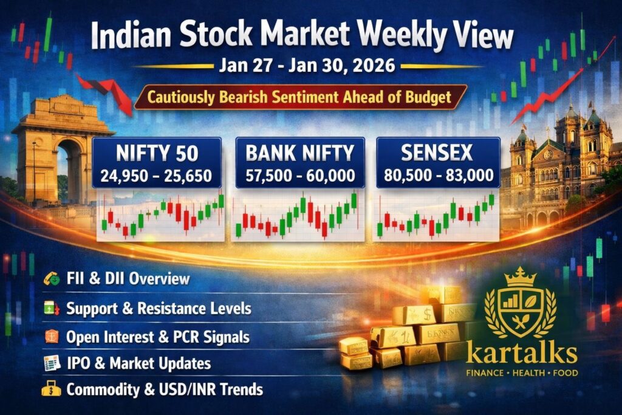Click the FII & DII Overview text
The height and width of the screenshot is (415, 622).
coord(127,280)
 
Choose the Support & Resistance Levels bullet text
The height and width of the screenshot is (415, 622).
coord(158,309)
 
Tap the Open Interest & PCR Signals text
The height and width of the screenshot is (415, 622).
coord(158,337)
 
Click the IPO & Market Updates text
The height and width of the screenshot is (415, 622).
coord(138,364)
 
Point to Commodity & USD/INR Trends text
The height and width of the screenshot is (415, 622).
coord(164,390)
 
